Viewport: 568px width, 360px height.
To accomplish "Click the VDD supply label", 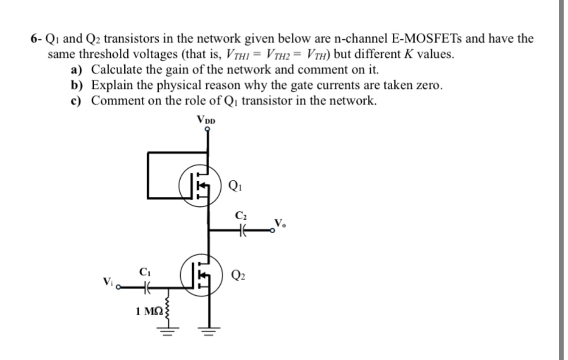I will click(206, 119).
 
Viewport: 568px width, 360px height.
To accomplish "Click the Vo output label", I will click(280, 223).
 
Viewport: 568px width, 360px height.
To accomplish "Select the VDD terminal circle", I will click(209, 129).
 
